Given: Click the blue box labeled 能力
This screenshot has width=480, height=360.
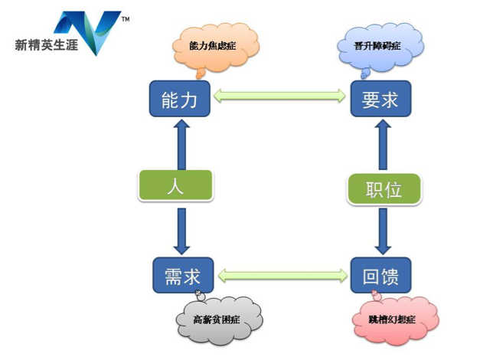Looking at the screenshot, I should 180,99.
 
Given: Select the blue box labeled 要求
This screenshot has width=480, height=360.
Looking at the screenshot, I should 380,99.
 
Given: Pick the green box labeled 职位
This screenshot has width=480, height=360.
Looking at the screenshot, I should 384,188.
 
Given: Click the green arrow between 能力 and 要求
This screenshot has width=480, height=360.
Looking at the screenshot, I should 279,96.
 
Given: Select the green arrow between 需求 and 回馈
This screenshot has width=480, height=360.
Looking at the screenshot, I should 279,273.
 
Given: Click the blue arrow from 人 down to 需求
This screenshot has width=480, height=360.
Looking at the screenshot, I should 182,227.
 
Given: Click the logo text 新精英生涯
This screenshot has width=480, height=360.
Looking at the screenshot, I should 48,44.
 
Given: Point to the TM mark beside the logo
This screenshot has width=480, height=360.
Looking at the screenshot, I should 125,17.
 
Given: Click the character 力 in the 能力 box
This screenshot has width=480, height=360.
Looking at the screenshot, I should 193,99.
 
